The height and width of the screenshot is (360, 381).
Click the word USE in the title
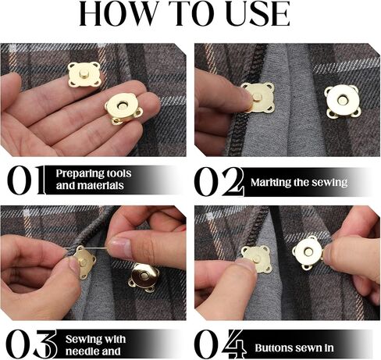pyautogui.click(x=258, y=13)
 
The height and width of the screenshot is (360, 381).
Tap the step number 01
pyautogui.click(x=26, y=180)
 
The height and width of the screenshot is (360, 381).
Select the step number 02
pyautogui.click(x=219, y=181)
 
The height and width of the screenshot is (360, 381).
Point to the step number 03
pyautogui.click(x=31, y=344)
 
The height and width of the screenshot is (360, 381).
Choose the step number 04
pyautogui.click(x=220, y=344)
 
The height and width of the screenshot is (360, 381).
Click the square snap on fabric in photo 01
pyautogui.click(x=84, y=75)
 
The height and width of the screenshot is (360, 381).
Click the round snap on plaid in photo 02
pyautogui.click(x=343, y=101)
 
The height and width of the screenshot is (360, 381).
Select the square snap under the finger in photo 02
pyautogui.click(x=258, y=98)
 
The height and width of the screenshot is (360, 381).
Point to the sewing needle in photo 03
pyautogui.click(x=86, y=248)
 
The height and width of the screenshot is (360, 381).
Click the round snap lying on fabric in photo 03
pyautogui.click(x=144, y=277)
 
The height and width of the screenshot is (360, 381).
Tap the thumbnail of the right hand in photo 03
pyautogui.click(x=120, y=246)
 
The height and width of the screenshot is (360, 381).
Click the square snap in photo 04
pyautogui.click(x=255, y=258)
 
